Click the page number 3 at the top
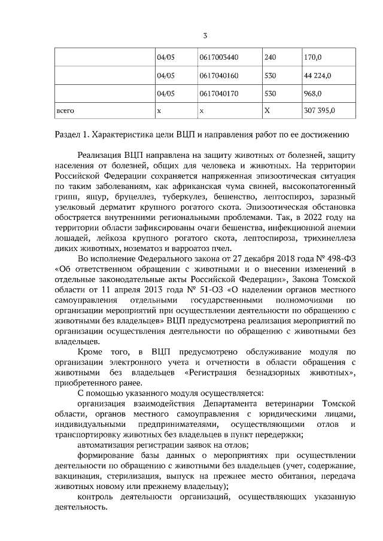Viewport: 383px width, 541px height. [205, 35]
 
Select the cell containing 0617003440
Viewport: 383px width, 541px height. [218, 58]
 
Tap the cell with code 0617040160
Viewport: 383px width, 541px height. [218, 76]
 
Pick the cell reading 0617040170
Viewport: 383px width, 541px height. [218, 94]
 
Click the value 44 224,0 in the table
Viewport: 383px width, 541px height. [318, 76]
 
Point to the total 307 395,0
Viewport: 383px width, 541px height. [319, 111]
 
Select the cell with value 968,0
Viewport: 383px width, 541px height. [312, 94]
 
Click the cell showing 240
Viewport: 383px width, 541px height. [270, 58]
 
